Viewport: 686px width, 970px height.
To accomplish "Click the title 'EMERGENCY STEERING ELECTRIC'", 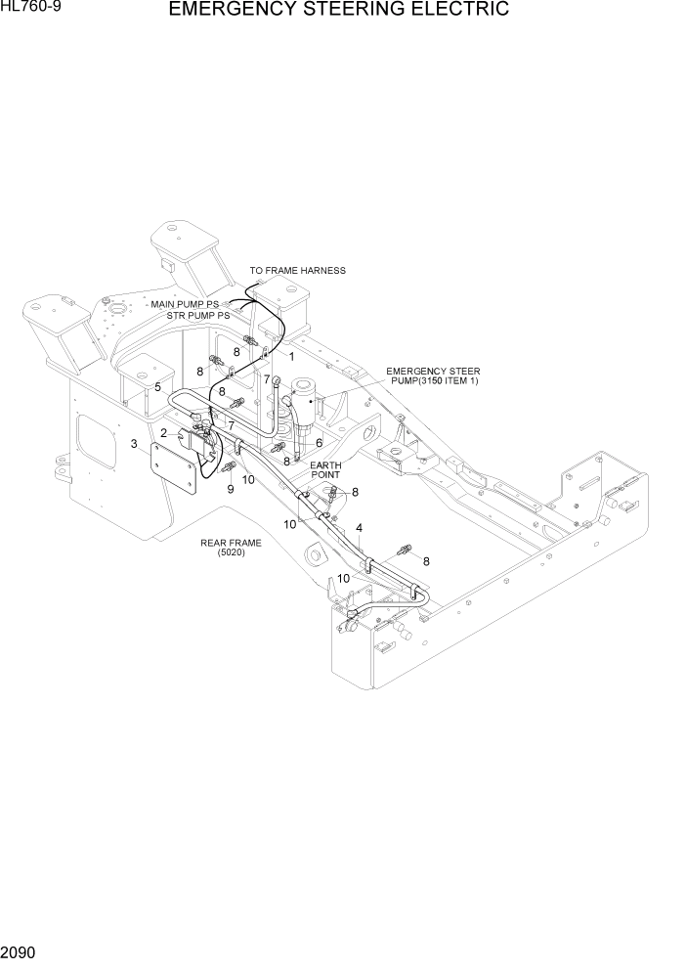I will click(x=338, y=11).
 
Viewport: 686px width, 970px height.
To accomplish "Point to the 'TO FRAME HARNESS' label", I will click(x=297, y=271).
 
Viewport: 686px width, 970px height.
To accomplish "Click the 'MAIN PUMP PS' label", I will click(x=184, y=305).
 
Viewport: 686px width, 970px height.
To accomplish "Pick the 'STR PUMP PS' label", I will click(x=197, y=316).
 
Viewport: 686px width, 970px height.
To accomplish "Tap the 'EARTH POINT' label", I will click(x=325, y=469).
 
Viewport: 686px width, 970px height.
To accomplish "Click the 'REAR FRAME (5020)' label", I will click(x=231, y=548).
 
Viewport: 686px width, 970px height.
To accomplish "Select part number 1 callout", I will click(x=290, y=357).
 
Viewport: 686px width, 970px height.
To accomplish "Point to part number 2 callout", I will click(x=164, y=432).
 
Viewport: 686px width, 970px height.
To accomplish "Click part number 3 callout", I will click(x=133, y=445).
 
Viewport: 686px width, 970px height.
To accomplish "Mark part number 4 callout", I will click(x=360, y=528).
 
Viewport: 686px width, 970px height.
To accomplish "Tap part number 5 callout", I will click(x=157, y=387).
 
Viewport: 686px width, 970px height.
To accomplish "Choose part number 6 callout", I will click(x=319, y=442).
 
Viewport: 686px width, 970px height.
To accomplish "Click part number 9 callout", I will click(x=231, y=489).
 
